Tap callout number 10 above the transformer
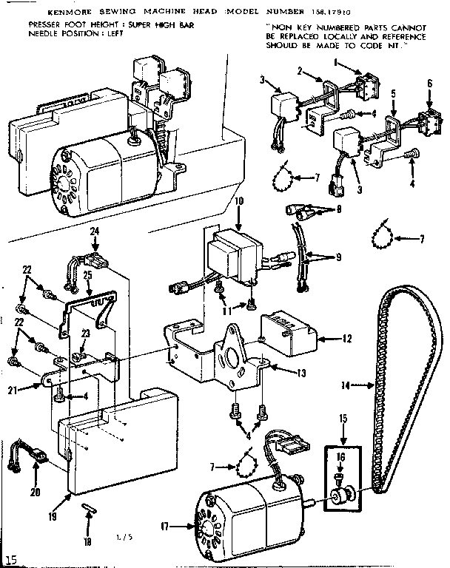tap(238, 201)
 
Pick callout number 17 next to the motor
tap(165, 527)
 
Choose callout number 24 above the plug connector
tap(94, 231)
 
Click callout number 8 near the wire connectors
tap(340, 209)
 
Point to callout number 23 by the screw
tap(87, 334)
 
